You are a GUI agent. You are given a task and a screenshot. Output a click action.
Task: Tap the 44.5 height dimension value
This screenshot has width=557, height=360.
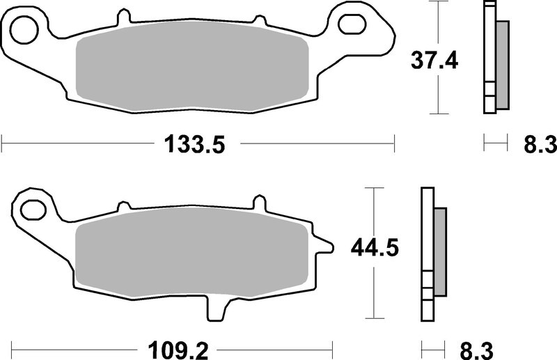[377, 249]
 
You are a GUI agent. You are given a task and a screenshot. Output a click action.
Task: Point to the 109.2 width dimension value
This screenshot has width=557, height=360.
[174, 345]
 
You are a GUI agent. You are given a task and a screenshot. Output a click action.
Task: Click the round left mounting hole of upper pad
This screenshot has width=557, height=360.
[25, 29]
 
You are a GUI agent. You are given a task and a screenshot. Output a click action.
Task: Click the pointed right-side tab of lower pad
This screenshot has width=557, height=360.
[324, 245]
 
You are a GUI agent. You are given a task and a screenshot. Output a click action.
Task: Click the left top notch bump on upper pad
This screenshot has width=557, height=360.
[124, 16]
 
